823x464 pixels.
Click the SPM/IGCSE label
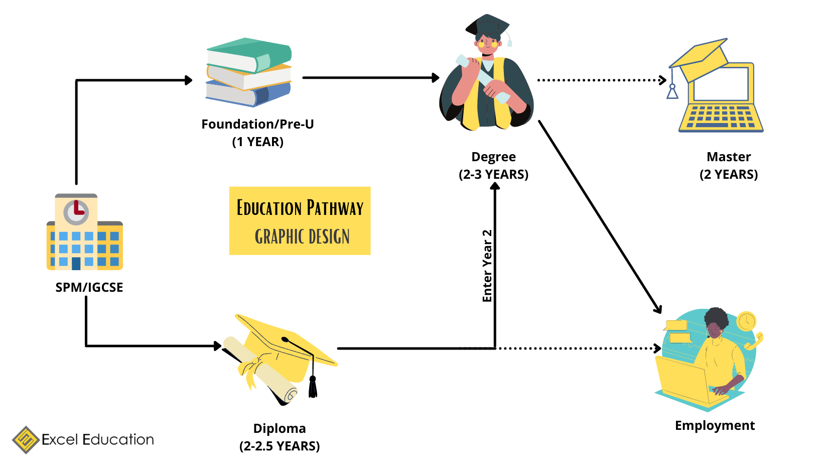[x=89, y=287]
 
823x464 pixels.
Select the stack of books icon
[x=248, y=72]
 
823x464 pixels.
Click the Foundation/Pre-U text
[x=257, y=124]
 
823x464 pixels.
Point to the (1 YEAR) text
[x=257, y=142]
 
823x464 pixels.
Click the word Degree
[x=493, y=157]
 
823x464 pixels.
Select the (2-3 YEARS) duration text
[x=493, y=175]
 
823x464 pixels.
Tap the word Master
[x=729, y=157]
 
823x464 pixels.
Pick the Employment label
[x=715, y=425]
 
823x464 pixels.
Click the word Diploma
[x=280, y=428]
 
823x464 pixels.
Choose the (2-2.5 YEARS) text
[x=280, y=446]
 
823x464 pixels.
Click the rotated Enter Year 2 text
[x=487, y=266]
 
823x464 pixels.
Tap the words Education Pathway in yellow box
[x=300, y=208]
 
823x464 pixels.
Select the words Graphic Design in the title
[x=302, y=237]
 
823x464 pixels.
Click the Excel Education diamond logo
[x=26, y=440]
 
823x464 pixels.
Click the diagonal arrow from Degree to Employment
[x=600, y=216]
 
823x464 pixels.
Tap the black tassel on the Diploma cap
[x=313, y=387]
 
